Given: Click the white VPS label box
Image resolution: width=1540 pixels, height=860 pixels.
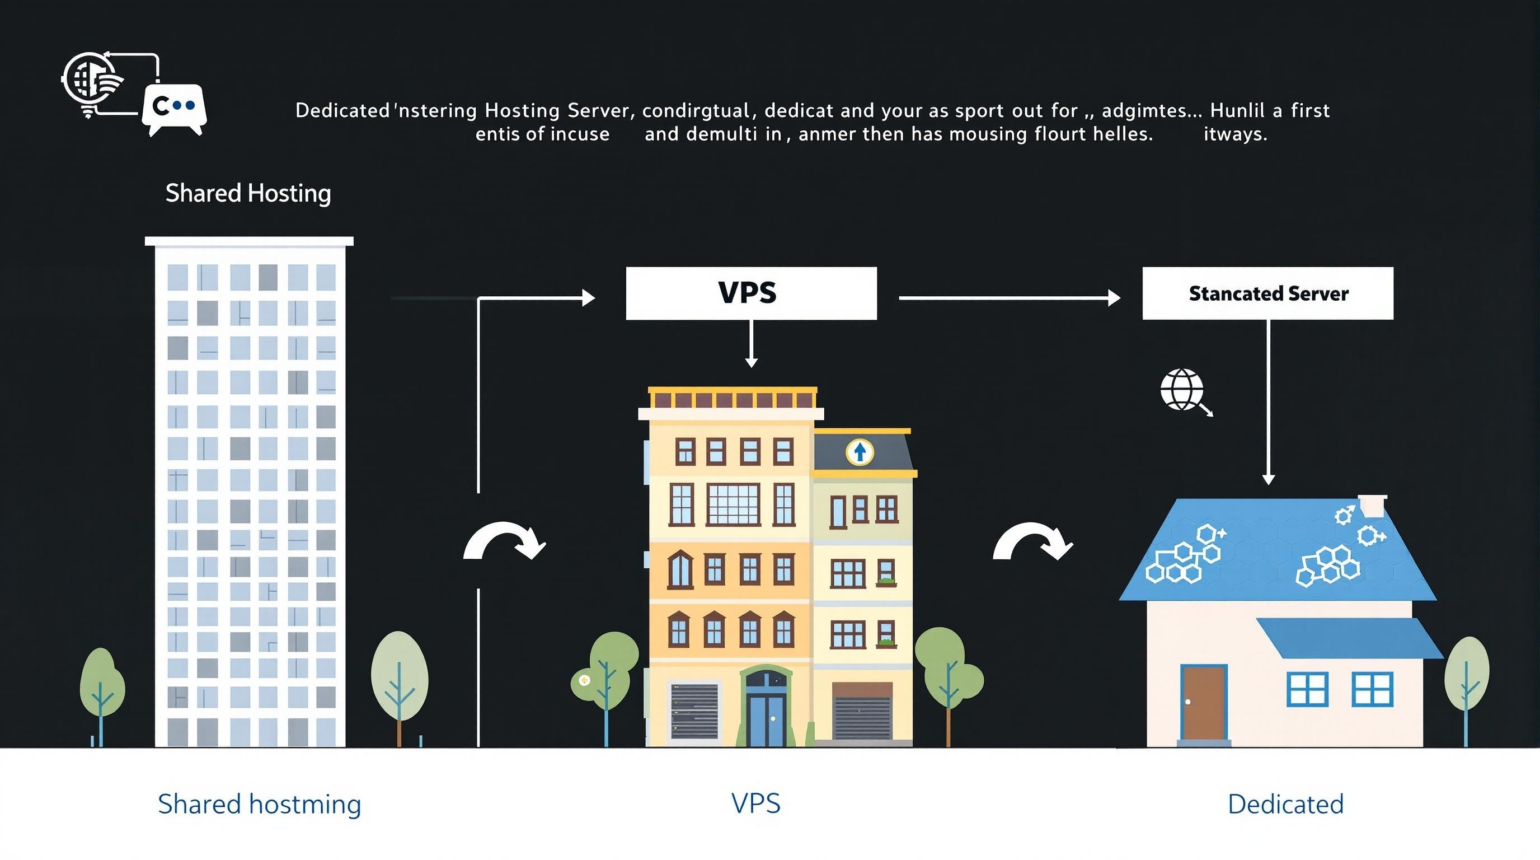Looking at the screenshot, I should [x=751, y=293].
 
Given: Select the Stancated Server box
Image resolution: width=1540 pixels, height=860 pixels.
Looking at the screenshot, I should [x=1267, y=293].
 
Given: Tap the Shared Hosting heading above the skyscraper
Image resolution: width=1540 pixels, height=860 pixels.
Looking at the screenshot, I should [x=248, y=193].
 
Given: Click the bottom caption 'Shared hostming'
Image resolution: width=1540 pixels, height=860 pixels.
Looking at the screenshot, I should [x=260, y=804].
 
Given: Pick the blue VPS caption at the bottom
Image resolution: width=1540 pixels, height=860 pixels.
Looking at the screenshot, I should [x=755, y=803].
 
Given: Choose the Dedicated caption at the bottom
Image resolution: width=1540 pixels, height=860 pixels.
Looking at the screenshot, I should [x=1285, y=804].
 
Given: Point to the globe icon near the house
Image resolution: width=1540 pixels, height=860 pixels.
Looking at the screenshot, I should [x=1182, y=389].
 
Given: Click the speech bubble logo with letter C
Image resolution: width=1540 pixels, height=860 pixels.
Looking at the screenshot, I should [x=174, y=107].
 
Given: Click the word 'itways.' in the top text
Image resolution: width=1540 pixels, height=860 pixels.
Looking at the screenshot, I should [x=1235, y=134].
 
